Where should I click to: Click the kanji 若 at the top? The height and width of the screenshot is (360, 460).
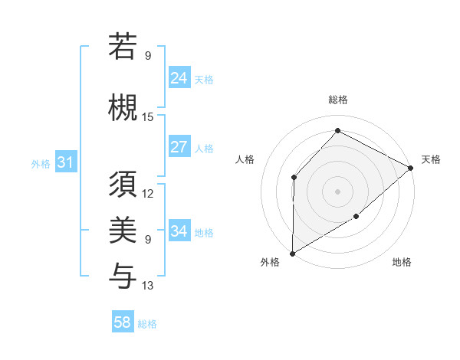pyautogui.click(x=123, y=47)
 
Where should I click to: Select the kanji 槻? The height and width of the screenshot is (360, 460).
pyautogui.click(x=123, y=105)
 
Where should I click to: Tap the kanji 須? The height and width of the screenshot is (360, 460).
pyautogui.click(x=123, y=185)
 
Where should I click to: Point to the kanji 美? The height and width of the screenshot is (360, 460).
pyautogui.click(x=123, y=229)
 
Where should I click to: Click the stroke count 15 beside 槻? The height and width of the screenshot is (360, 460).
pyautogui.click(x=148, y=116)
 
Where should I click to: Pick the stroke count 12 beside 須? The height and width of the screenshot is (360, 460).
pyautogui.click(x=148, y=193)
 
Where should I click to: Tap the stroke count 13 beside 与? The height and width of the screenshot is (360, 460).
pyautogui.click(x=148, y=286)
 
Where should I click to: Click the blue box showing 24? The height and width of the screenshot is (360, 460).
pyautogui.click(x=179, y=77)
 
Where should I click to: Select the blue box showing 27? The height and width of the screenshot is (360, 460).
pyautogui.click(x=179, y=147)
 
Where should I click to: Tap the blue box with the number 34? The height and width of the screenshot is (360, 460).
pyautogui.click(x=179, y=231)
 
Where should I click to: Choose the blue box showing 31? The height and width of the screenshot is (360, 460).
pyautogui.click(x=65, y=162)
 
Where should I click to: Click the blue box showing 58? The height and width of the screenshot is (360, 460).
pyautogui.click(x=123, y=322)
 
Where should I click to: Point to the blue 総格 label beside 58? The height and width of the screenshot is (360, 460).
pyautogui.click(x=148, y=324)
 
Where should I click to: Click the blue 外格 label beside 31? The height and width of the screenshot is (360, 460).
pyautogui.click(x=41, y=163)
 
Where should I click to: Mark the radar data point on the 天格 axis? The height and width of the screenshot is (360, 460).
pyautogui.click(x=412, y=168)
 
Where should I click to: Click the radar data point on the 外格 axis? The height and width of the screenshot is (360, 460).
pyautogui.click(x=292, y=254)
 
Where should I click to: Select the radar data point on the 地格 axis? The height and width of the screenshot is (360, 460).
pyautogui.click(x=356, y=217)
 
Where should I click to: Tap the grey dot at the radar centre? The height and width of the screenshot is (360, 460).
pyautogui.click(x=337, y=191)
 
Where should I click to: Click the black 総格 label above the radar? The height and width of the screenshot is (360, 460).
pyautogui.click(x=338, y=100)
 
